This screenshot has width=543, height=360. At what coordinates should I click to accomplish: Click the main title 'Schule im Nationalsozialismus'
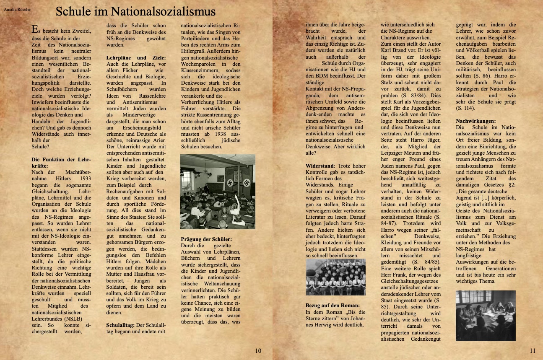pos(135,11)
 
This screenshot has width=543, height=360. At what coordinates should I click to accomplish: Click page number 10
pos(258,351)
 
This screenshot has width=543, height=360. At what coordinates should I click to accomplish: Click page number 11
pos(533,351)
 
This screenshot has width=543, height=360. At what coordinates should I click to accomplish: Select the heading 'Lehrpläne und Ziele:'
pos(136,57)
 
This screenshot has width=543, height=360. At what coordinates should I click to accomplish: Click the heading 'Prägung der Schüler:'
pos(206,239)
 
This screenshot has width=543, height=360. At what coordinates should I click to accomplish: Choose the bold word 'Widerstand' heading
pos(320,166)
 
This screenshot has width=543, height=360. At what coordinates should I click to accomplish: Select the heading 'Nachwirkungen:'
pos(472,121)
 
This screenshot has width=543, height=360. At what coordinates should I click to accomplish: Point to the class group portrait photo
pos(335,277)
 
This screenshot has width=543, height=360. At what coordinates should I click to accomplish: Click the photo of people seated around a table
pos(486,315)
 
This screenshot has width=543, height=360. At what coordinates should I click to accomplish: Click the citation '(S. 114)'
pos(465,108)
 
